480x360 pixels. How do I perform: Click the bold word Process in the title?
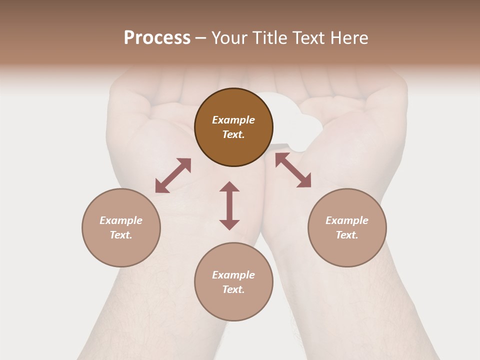click(157, 38)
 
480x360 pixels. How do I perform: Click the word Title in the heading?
click(270, 38)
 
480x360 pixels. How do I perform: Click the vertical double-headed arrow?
click(229, 205)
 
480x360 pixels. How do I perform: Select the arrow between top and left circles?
click(173, 175)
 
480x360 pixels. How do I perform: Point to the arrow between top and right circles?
click(293, 170)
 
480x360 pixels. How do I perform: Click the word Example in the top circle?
click(233, 120)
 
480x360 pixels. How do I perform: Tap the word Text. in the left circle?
click(121, 235)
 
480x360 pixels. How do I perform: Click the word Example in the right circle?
click(347, 220)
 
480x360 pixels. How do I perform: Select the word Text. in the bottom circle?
click(233, 289)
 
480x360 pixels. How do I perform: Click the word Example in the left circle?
click(121, 220)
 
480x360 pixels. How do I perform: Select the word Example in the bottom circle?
click(233, 275)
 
